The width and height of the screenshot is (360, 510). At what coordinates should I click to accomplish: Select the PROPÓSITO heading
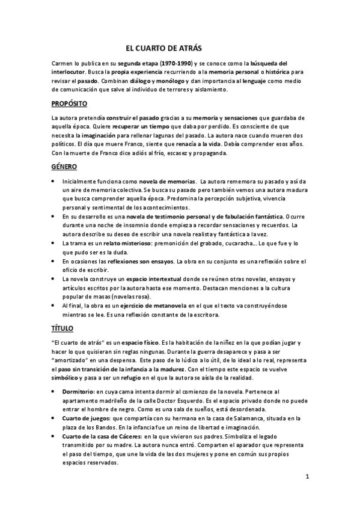[69, 104]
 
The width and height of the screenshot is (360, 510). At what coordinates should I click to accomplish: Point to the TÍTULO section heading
[63, 328]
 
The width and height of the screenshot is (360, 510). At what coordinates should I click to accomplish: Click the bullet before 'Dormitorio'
[55, 392]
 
